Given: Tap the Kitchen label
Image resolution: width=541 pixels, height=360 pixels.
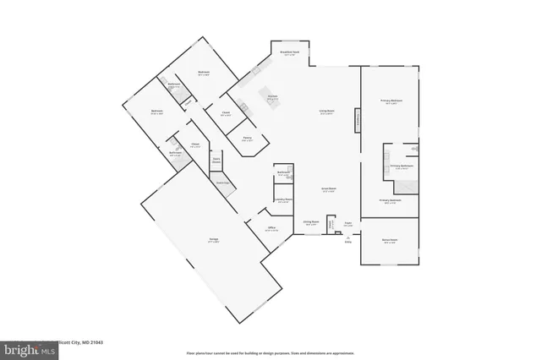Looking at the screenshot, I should coord(273,97).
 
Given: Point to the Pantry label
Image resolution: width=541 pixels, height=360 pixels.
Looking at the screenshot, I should coord(246,139).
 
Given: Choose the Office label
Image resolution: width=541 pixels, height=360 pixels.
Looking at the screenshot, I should coord(272,228).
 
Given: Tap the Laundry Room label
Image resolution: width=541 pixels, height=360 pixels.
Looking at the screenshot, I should coord(282,200).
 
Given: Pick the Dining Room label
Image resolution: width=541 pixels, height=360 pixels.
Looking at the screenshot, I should coord(310,223).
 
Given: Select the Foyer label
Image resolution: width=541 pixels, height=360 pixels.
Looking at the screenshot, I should coord(347,224).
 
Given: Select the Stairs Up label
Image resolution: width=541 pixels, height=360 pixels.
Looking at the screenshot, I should coord(221,183).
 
